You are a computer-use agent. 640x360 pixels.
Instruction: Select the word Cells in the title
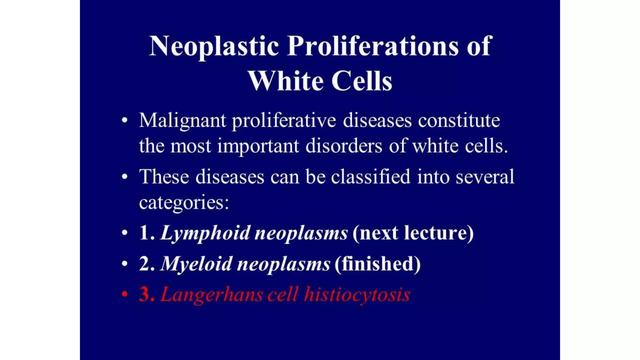pos(362,81)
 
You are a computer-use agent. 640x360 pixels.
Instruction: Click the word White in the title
pos(286,81)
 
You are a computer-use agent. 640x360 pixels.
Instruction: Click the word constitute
pos(459,120)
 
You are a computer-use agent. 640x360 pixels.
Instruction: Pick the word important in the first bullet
pos(258,146)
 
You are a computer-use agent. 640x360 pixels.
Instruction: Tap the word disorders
pos(344,146)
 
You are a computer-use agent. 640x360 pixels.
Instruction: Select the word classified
pos(371,177)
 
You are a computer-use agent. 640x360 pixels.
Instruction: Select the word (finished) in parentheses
pos(377,264)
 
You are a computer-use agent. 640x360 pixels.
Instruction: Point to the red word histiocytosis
pos(357,294)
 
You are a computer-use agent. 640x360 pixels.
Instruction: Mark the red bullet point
pos(125,294)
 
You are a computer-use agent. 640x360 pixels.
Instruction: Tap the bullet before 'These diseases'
pos(125,177)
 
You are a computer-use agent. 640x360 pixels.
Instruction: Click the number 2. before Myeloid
pos(146,264)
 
